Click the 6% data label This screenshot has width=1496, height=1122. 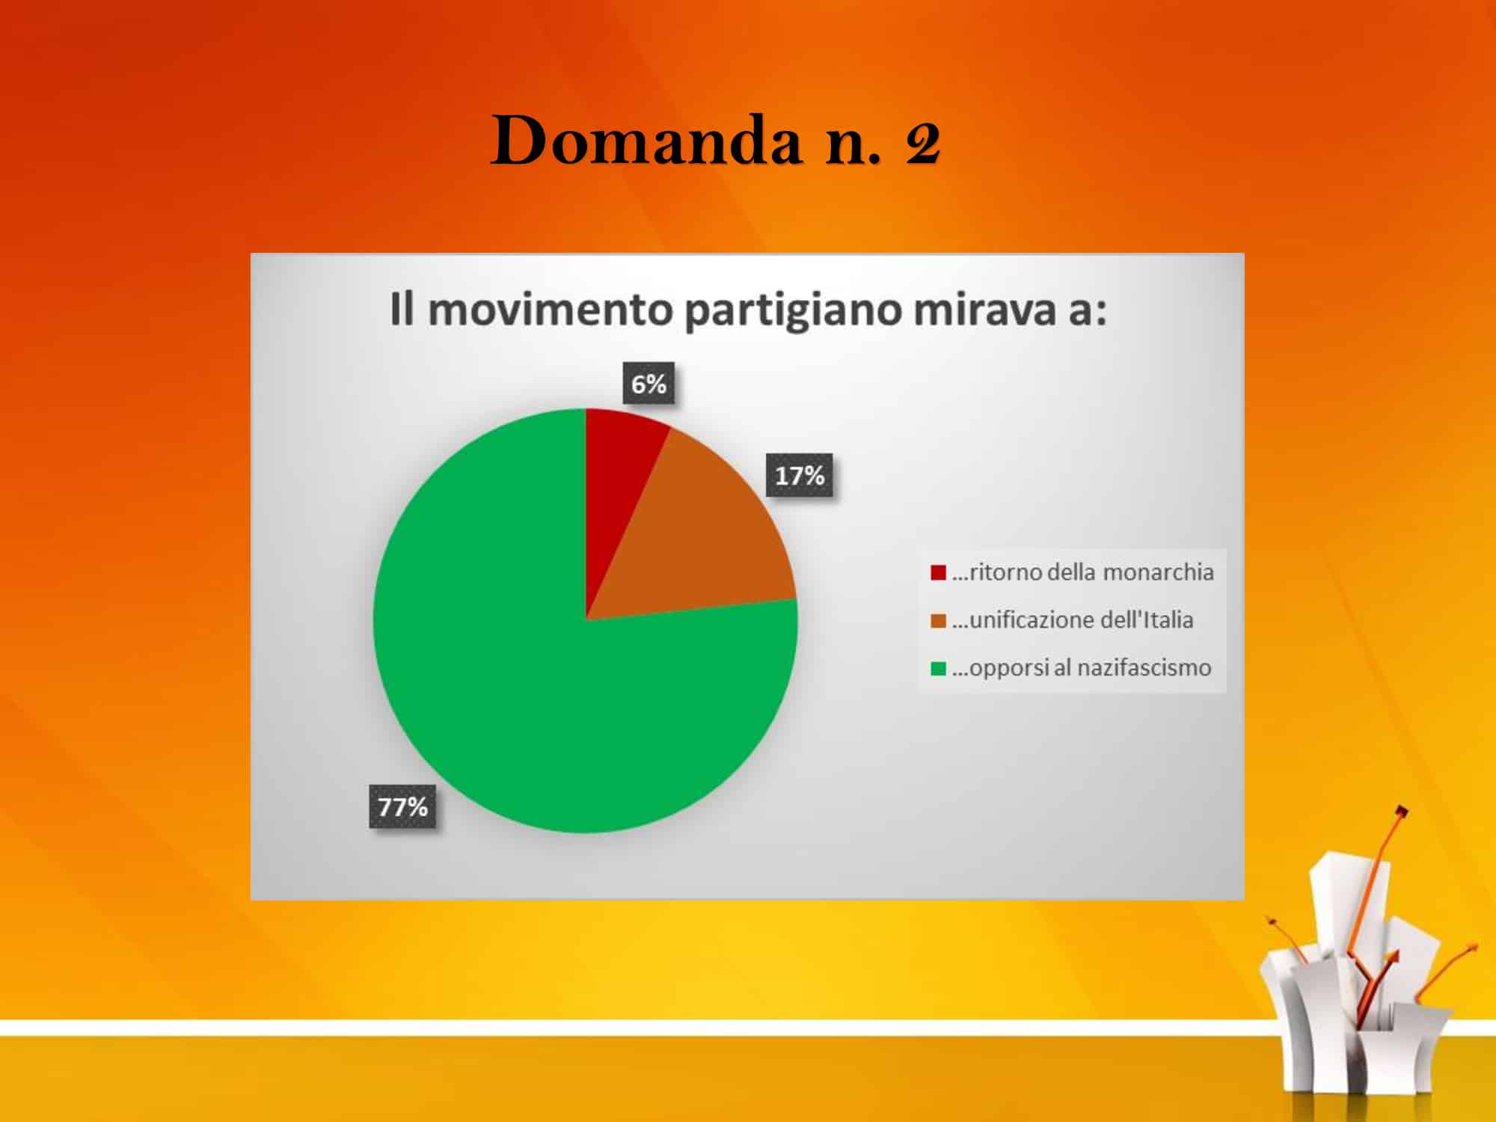click(649, 384)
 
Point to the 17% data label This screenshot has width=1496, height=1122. click(799, 475)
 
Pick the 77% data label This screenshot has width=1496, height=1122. click(402, 806)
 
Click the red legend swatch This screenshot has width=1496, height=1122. click(938, 573)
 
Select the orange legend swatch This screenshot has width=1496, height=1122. click(938, 621)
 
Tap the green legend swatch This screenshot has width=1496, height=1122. click(938, 668)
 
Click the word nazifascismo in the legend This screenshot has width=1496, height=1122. click(1144, 667)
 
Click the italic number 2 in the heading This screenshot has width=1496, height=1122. click(922, 143)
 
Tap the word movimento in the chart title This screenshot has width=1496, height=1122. click(550, 310)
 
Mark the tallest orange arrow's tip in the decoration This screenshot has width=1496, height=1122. click(1403, 810)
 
